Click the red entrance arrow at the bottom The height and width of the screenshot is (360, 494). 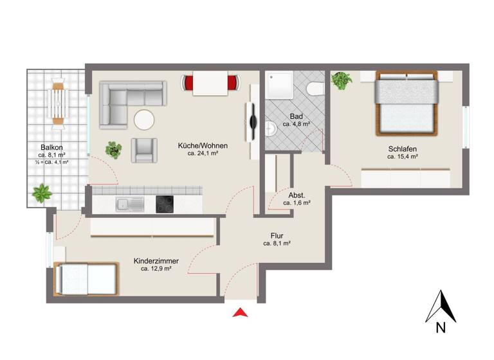[x=240, y=313]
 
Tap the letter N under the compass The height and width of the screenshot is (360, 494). [x=441, y=327]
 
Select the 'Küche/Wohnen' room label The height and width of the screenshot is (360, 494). [x=203, y=145]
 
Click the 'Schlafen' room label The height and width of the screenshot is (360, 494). [x=403, y=147]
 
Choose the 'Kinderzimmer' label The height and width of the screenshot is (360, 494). [x=156, y=261]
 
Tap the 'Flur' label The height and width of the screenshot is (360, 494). [x=277, y=235]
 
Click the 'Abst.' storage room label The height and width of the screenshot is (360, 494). [x=297, y=194]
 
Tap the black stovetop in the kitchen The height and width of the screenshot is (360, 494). [x=165, y=204]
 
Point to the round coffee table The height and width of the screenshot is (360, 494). [x=143, y=120]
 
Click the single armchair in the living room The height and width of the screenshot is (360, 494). [x=144, y=150]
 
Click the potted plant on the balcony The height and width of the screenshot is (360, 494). [x=42, y=192]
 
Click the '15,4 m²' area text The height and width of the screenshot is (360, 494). [x=403, y=156]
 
